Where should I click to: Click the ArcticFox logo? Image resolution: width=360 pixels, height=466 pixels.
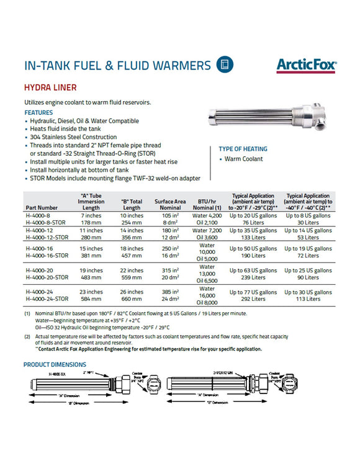click(305, 65)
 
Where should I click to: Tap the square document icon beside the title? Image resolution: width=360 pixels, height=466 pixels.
click(224, 65)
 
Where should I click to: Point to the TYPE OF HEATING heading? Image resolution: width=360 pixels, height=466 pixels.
click(243, 149)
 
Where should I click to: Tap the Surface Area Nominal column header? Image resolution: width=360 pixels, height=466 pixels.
click(171, 204)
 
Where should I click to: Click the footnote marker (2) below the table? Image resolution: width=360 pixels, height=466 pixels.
click(27, 336)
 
